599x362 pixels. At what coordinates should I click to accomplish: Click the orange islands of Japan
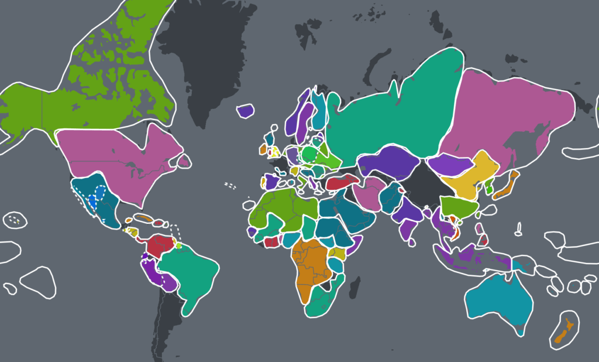[505, 187]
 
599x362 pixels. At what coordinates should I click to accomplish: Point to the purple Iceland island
[246, 111]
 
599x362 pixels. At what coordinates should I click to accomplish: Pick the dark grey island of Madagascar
[354, 288]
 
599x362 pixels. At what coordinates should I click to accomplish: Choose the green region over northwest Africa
[275, 205]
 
